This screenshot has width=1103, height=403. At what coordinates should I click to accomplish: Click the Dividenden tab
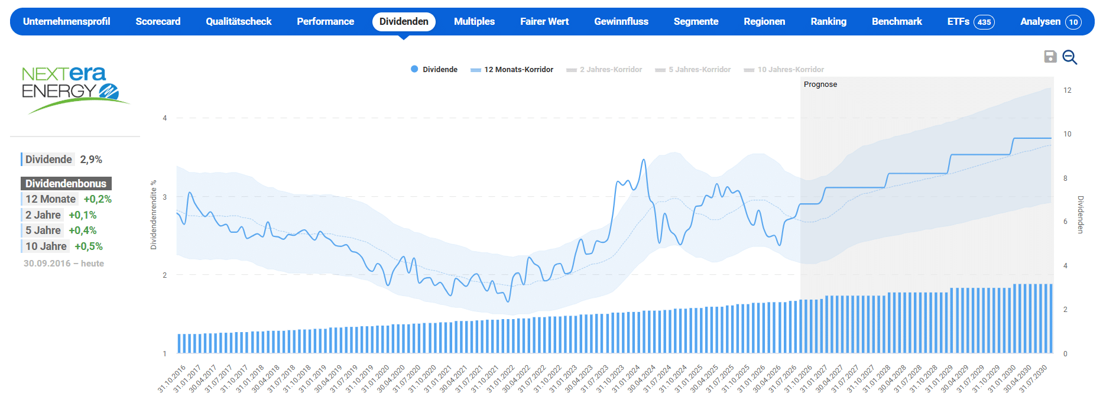[x=404, y=22]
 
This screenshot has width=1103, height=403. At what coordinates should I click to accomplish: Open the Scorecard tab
[x=158, y=22]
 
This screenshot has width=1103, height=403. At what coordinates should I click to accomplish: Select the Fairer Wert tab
[x=544, y=22]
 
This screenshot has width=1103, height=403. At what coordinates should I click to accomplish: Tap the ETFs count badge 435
[x=984, y=22]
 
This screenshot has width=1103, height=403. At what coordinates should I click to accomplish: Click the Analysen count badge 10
[x=1073, y=22]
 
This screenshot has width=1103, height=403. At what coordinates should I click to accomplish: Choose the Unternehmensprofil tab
[x=67, y=22]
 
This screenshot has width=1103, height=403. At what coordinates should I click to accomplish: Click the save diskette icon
[x=1050, y=57]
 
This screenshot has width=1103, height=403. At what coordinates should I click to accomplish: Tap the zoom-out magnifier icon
[x=1070, y=57]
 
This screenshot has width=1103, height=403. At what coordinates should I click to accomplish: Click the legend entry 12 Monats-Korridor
[x=512, y=70]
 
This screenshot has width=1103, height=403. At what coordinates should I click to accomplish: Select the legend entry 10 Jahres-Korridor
[x=784, y=70]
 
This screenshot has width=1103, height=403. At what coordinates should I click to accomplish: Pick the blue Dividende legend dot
[x=414, y=69]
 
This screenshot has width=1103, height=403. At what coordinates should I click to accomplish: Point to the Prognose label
[x=820, y=84]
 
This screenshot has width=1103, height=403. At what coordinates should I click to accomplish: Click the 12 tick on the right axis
[x=1068, y=90]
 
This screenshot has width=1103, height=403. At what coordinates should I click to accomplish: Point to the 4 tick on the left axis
[x=165, y=118]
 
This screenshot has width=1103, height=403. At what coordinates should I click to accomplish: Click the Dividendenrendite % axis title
[x=154, y=215]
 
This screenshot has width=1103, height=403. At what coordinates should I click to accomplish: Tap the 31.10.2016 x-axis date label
[x=172, y=379]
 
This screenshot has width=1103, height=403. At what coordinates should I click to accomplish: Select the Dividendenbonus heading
[x=66, y=184]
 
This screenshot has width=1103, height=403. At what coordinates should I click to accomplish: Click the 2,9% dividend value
[x=91, y=160]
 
